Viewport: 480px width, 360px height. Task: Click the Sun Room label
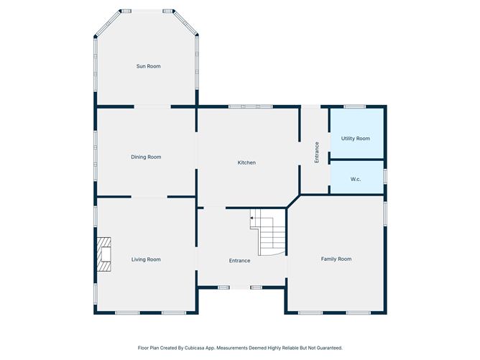(x=149, y=66)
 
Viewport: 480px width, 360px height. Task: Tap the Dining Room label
(x=146, y=157)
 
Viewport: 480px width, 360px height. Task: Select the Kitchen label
(x=246, y=162)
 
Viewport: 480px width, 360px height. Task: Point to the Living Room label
(x=146, y=259)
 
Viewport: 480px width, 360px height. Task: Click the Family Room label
(x=336, y=259)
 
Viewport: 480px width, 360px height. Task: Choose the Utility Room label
(x=356, y=139)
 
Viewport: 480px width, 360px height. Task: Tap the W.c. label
(x=356, y=179)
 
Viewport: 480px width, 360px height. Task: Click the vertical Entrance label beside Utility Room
(x=317, y=152)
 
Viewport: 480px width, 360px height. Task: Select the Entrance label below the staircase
(x=240, y=261)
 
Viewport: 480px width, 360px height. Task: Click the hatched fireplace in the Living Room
(x=103, y=254)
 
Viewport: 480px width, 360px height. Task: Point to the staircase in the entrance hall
(x=268, y=232)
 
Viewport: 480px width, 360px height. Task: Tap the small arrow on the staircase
(x=251, y=218)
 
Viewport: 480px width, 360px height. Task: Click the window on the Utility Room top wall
(x=354, y=106)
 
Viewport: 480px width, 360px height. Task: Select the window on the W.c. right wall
(x=385, y=177)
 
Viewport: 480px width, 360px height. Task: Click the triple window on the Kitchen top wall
(x=251, y=106)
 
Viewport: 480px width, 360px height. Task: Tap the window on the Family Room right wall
(x=385, y=213)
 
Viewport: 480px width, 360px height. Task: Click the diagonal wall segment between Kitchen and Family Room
(x=294, y=201)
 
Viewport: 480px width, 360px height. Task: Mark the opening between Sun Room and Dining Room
(x=152, y=106)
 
